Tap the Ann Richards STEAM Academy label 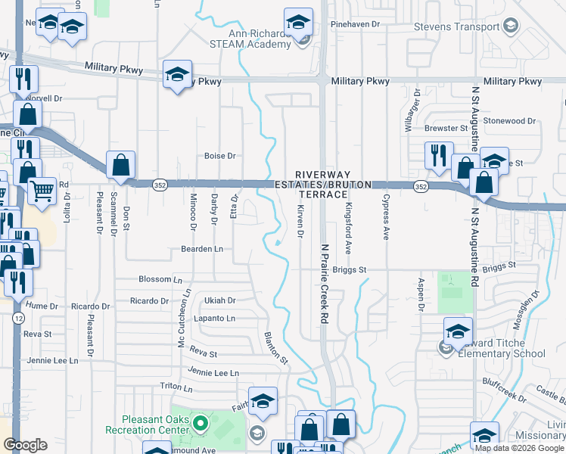point(262,39)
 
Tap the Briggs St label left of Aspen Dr point(350,269)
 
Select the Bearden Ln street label point(201,248)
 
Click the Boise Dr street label point(220,156)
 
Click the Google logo point(26,445)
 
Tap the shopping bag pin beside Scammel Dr point(121,164)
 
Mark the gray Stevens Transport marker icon point(511,27)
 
